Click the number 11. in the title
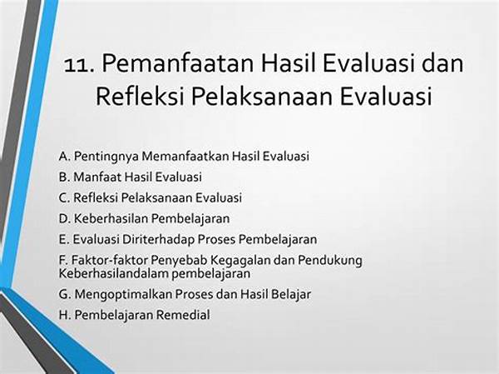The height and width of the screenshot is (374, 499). point(79,64)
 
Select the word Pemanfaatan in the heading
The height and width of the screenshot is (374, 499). point(178,63)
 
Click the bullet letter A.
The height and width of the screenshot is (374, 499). point(64,157)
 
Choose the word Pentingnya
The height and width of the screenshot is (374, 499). point(106,157)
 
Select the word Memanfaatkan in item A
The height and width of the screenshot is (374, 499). point(185,157)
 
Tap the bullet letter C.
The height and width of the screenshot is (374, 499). point(64,197)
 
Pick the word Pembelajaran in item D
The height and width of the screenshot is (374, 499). point(190,219)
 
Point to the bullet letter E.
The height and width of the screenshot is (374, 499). point(63,239)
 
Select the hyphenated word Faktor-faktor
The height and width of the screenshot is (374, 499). point(109,260)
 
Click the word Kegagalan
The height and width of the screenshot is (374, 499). point(241,261)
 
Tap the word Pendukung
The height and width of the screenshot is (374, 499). point(330,261)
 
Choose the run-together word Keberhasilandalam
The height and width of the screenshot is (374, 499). point(114,273)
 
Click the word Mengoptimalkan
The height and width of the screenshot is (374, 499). point(123,295)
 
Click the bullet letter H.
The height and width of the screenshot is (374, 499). point(64,315)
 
